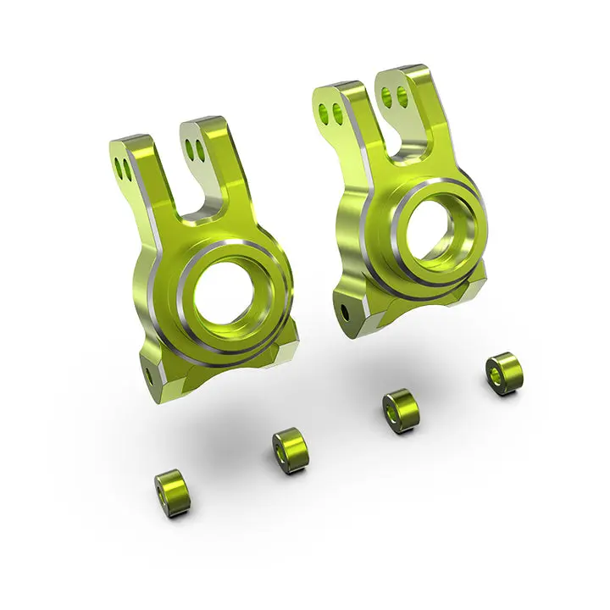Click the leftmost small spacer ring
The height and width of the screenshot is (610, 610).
[172, 493]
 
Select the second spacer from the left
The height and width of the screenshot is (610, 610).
[290, 450]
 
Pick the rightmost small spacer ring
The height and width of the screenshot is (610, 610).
[504, 374]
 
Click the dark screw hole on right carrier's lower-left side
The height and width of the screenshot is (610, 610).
[344, 309]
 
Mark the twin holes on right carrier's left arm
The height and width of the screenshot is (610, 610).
[331, 111]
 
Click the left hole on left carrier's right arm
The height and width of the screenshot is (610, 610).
[191, 148]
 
